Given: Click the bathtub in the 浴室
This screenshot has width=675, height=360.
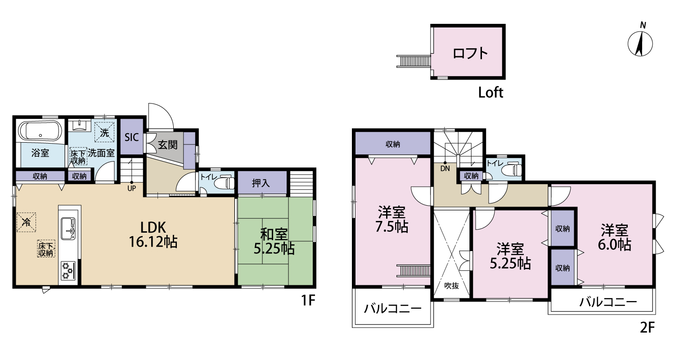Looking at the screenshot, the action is tap(40, 131).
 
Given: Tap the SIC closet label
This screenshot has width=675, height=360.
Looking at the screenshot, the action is tap(132, 137).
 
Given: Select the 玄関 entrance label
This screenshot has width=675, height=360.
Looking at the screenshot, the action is tap(168, 145).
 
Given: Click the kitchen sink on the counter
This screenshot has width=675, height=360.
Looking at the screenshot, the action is tap(68, 229).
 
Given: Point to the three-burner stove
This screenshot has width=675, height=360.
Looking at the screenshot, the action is tap(68, 271).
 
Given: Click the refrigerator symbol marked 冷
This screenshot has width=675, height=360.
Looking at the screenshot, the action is tap(26, 222).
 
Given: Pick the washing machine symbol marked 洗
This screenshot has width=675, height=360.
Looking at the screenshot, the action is tap(104, 132).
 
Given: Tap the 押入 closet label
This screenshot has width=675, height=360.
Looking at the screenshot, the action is tap(261, 183).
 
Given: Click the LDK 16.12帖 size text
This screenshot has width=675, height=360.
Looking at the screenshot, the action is tap(153, 234).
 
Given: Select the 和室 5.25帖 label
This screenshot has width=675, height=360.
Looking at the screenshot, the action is tap(274, 241).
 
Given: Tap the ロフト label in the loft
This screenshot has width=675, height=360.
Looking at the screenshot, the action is tap(470, 53).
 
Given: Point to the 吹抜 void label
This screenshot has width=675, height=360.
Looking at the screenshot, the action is tap(451, 286).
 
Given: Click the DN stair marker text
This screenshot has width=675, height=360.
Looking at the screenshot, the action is tap(445, 169).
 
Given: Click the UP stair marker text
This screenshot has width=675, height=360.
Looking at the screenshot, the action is tap(132, 188).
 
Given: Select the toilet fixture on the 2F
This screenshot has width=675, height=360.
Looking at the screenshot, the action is tap(513, 169).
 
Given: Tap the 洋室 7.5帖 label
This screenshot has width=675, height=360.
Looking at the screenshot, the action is tap(392, 219).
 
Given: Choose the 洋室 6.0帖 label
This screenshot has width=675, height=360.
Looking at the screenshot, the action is tap(614, 238).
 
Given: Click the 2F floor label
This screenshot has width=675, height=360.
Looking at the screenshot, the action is tap(647, 328).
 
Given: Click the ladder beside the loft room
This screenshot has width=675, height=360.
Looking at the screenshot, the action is tap(414, 61).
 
